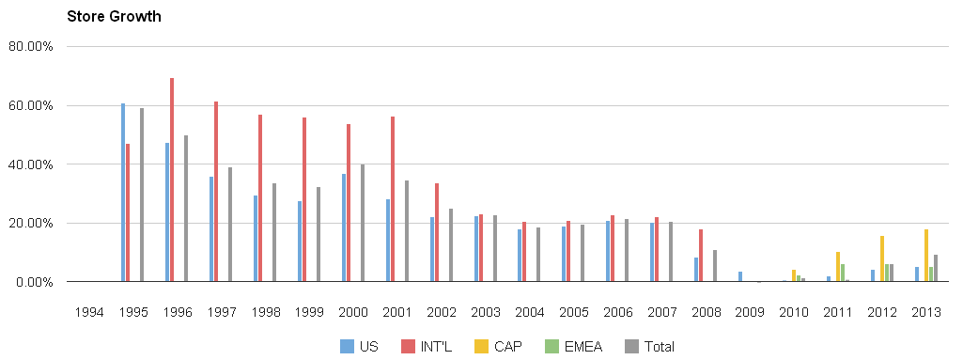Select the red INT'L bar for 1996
(172, 180)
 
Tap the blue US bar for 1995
(123, 193)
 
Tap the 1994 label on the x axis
(89, 311)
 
